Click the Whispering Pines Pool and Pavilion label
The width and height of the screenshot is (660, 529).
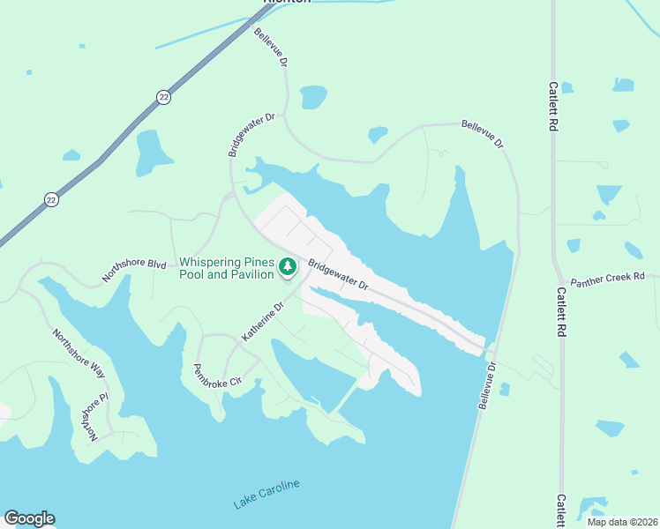(228, 268)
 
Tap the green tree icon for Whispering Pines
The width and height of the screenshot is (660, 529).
(287, 266)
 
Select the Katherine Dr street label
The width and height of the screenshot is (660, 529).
(263, 322)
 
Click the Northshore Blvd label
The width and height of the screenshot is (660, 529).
(133, 269)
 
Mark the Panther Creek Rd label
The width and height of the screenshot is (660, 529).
(608, 279)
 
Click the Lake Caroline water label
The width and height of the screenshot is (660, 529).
(266, 495)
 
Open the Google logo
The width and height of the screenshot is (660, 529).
(29, 518)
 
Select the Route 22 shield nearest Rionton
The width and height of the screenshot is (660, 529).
(164, 97)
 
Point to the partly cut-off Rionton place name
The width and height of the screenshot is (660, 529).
(288, 3)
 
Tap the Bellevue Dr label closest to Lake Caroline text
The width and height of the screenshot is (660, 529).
(488, 384)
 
